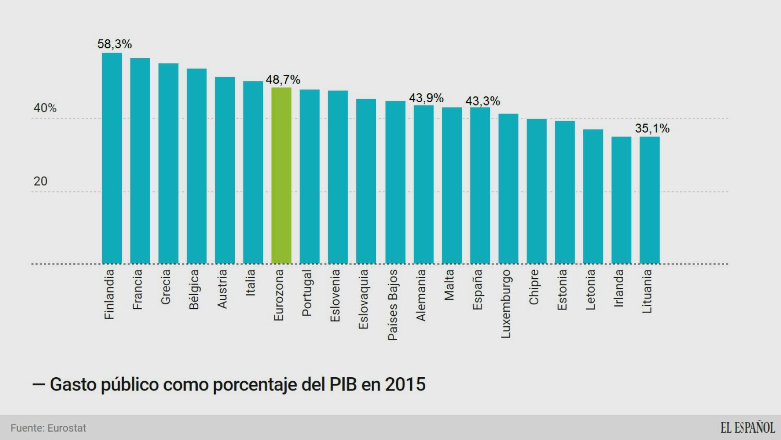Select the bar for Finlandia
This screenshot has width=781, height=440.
pyautogui.click(x=112, y=158)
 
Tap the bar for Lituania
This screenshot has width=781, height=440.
pyautogui.click(x=649, y=200)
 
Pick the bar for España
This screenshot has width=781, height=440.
pyautogui.click(x=480, y=186)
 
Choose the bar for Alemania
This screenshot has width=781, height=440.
pyautogui.click(x=423, y=185)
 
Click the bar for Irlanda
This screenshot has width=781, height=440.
pyautogui.click(x=621, y=200)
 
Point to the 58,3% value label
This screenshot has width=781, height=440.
pyautogui.click(x=114, y=44)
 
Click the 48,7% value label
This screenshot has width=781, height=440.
pyautogui.click(x=283, y=80)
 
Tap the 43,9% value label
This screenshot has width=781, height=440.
pyautogui.click(x=426, y=98)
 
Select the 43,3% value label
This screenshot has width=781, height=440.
pyautogui.click(x=483, y=101)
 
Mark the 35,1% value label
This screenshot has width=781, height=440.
pyautogui.click(x=652, y=128)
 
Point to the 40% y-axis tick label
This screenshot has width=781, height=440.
pyautogui.click(x=45, y=108)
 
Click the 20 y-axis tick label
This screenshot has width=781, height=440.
pyautogui.click(x=40, y=181)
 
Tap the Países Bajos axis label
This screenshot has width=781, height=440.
pyautogui.click(x=392, y=305)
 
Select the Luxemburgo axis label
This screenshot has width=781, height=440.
pyautogui.click(x=505, y=304)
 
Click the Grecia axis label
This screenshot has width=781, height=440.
pyautogui.click(x=166, y=286)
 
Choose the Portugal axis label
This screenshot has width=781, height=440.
pyautogui.click(x=307, y=293)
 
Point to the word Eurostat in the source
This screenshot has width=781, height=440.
pyautogui.click(x=67, y=428)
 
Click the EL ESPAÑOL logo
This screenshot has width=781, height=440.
pyautogui.click(x=747, y=428)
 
